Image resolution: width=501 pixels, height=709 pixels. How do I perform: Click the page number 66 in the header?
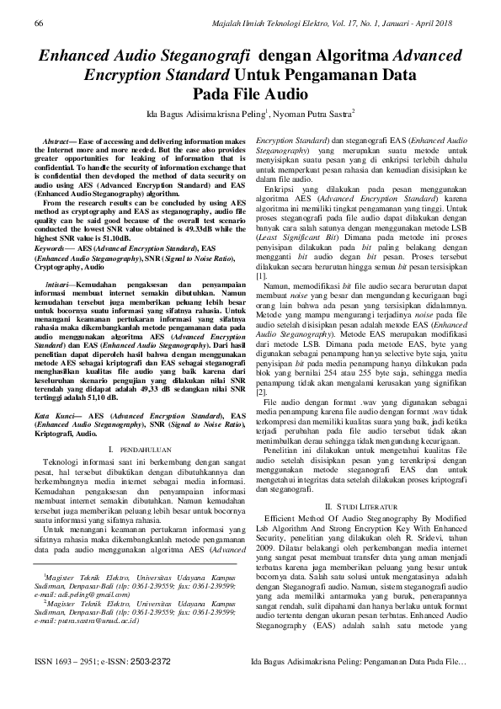pyautogui.click(x=39, y=26)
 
